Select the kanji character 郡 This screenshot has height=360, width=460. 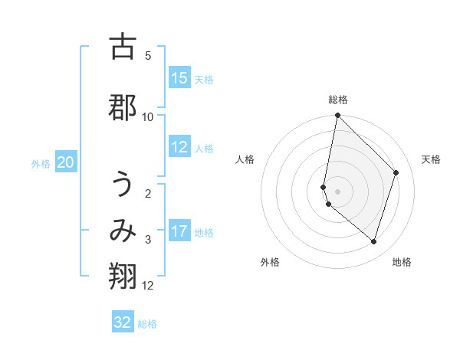click(x=123, y=107)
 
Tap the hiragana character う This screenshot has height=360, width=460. click(x=123, y=187)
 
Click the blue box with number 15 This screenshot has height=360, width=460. click(x=179, y=78)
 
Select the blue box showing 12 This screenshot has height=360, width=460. click(x=179, y=147)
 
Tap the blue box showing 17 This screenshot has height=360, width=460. click(x=179, y=231)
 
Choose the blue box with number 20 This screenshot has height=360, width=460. click(x=66, y=162)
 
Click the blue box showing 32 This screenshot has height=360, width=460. click(x=123, y=322)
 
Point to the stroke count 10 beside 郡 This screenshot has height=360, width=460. click(x=148, y=116)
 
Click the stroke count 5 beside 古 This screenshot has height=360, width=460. click(x=148, y=56)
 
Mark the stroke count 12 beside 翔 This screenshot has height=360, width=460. click(x=148, y=286)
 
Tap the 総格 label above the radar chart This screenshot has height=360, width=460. click(x=338, y=100)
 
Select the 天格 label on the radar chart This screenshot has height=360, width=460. click(x=431, y=159)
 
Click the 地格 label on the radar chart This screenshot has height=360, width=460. click(x=402, y=262)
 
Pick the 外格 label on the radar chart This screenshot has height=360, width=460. click(x=270, y=262)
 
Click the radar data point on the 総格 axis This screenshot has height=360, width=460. click(x=338, y=116)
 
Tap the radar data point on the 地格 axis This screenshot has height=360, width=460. click(x=373, y=241)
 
